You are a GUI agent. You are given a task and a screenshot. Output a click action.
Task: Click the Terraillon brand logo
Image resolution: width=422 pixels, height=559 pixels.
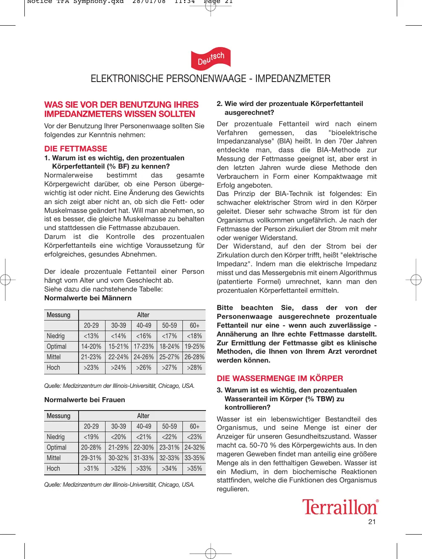coord(340,507)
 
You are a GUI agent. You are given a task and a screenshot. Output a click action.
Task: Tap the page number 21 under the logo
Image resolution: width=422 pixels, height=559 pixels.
coord(372,522)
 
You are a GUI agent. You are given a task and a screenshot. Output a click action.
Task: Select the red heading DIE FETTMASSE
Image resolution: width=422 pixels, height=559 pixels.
coord(76,148)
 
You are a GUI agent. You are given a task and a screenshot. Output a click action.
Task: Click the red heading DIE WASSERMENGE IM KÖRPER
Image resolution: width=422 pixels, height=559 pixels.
coord(280,378)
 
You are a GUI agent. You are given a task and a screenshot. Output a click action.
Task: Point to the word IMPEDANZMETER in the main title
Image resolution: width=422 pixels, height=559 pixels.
coord(293,79)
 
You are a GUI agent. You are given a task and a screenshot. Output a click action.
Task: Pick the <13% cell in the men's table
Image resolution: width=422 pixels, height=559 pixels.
coord(91,336)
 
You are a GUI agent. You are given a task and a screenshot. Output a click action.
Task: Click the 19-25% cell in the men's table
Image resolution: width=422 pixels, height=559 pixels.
coord(195,347)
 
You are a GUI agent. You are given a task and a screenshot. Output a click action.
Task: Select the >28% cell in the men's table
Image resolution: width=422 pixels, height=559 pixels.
coord(195,368)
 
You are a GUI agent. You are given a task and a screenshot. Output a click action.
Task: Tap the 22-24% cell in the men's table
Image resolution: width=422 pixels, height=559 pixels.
coord(119,357)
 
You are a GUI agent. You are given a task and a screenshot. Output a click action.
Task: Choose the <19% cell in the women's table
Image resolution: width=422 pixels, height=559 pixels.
coord(91,437)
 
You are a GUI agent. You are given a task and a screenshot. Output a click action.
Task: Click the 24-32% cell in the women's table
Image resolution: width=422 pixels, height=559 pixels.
coord(195,448)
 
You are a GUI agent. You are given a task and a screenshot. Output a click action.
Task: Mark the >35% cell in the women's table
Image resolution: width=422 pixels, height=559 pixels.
coord(195,469)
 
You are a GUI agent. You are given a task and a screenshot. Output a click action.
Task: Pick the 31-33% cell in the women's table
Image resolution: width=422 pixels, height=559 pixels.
coord(144,458)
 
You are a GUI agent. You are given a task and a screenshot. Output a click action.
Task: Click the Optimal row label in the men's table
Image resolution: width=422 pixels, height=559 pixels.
coord(57,347)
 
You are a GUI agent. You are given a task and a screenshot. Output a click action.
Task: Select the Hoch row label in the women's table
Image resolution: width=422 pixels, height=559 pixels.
coord(53,469)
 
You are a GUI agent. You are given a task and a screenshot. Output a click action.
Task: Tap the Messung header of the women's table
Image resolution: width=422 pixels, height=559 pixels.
coord(59,416)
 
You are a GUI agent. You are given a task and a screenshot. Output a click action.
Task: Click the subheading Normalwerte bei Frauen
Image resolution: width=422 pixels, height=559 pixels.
coord(84,400)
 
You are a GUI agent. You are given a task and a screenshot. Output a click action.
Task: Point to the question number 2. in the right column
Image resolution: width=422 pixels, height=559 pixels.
coord(219,104)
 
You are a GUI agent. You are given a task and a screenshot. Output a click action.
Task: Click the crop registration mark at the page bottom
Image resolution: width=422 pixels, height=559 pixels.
coord(211,553)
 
